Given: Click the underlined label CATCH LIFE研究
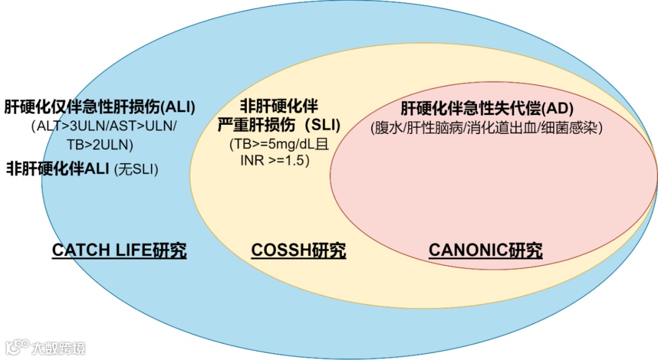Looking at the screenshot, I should (119, 250).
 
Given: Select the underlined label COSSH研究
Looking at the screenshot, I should (299, 250).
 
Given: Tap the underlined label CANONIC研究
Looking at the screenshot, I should (486, 250).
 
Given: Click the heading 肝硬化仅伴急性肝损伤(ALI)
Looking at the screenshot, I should (100, 107).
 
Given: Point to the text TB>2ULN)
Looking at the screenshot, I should (100, 145).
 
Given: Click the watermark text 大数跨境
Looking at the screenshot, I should (59, 348).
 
